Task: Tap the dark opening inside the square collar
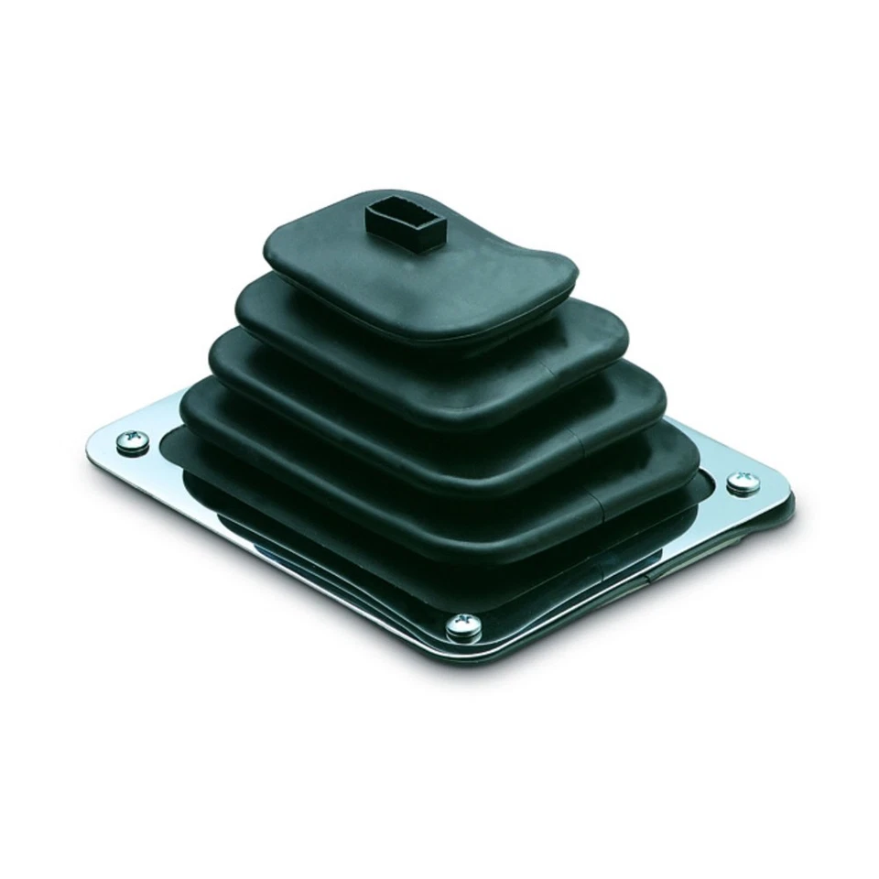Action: [x=404, y=213]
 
